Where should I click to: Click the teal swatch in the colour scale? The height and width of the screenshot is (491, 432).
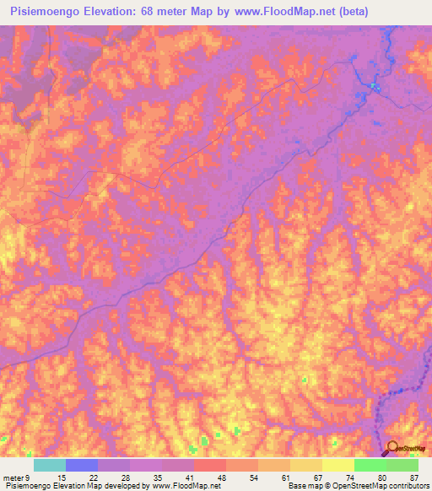[49, 465]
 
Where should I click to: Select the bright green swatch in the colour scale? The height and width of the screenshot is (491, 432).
[370, 465]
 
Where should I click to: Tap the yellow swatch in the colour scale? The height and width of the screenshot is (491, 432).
[337, 465]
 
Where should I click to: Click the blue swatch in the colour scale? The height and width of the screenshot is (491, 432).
[82, 465]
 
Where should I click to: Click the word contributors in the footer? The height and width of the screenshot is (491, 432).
[408, 486]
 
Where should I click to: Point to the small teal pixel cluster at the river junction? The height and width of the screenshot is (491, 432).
[375, 85]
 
